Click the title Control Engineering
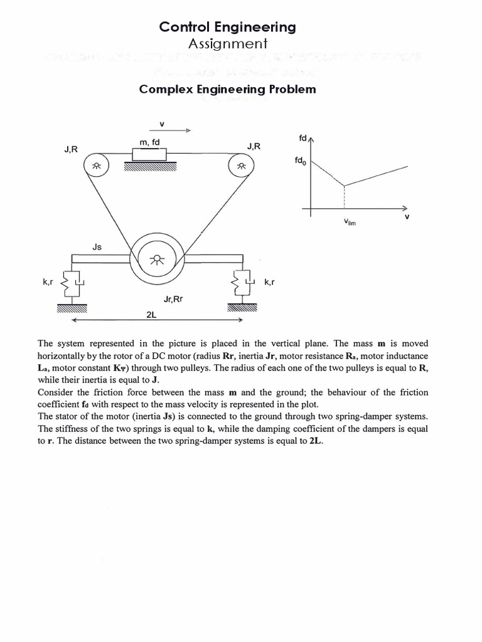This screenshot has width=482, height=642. click(x=227, y=27)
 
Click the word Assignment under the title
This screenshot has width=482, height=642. click(x=227, y=43)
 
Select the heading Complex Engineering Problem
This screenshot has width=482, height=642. click(x=227, y=89)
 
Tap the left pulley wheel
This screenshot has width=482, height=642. click(x=96, y=166)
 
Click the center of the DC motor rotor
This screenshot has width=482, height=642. click(x=156, y=259)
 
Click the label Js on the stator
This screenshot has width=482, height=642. click(x=97, y=247)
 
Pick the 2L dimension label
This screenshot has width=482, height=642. click(x=151, y=315)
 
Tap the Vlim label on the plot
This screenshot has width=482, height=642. click(x=350, y=223)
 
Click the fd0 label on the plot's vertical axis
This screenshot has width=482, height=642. click(x=299, y=160)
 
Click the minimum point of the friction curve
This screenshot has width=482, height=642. click(x=344, y=186)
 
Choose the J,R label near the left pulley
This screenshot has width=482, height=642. click(x=71, y=149)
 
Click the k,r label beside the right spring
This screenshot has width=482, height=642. click(x=270, y=283)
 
